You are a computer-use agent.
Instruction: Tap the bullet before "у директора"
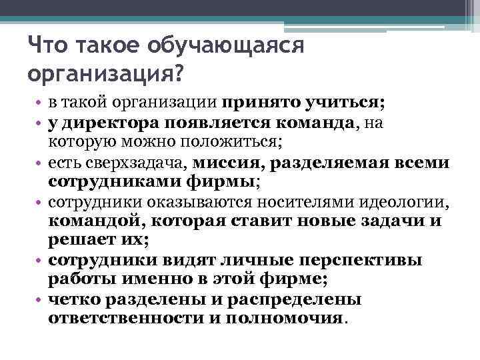coord(39,124)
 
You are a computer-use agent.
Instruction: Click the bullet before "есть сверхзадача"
coord(39,163)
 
